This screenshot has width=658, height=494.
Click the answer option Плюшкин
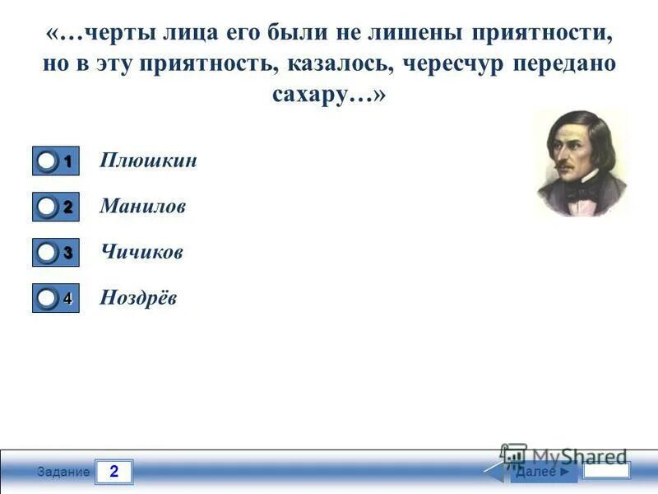(x=148, y=161)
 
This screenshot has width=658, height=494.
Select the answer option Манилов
(x=142, y=206)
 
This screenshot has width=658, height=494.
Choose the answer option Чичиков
(x=141, y=251)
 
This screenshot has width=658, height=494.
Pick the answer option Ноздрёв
(x=138, y=297)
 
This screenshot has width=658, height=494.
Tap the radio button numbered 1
(x=49, y=162)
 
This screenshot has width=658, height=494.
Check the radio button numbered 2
(x=49, y=207)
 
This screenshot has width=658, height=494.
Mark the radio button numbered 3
(x=49, y=253)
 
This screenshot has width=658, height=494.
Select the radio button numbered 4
(x=49, y=298)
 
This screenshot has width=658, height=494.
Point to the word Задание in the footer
(x=68, y=472)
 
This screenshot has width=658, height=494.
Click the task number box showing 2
(x=114, y=472)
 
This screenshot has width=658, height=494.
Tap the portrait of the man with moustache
(x=580, y=163)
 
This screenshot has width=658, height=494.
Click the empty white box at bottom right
(x=606, y=471)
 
